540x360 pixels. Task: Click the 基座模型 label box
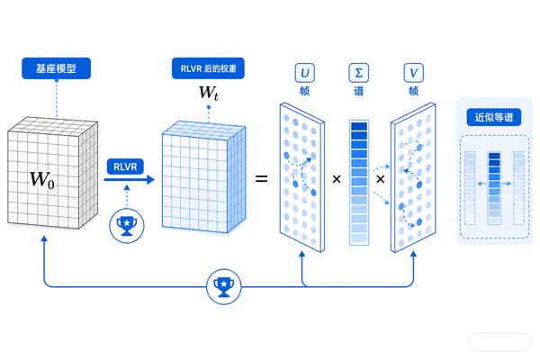tap(56, 68)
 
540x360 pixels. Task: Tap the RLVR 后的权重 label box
tap(208, 68)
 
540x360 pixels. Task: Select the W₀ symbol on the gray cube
tap(42, 180)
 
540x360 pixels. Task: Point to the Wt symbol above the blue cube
tap(209, 93)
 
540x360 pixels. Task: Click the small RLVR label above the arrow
tap(125, 166)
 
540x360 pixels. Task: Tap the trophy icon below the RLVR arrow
tap(127, 226)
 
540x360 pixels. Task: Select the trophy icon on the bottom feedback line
tap(224, 286)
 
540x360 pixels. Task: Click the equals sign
tap(261, 179)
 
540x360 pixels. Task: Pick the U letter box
tap(305, 73)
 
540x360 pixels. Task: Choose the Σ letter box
tap(359, 73)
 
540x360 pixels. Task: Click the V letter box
tap(414, 73)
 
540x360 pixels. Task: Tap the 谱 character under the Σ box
tap(359, 91)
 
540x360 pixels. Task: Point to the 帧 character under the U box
tap(305, 91)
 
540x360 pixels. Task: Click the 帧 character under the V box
tap(414, 91)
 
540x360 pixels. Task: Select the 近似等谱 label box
tap(494, 118)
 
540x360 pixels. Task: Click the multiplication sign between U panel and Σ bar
tap(337, 179)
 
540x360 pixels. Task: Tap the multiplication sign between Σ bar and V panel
tap(380, 179)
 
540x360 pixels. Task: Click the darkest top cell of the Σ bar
tap(359, 126)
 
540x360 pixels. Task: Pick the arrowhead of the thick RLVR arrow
tap(150, 179)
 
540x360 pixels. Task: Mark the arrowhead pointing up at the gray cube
tap(44, 238)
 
